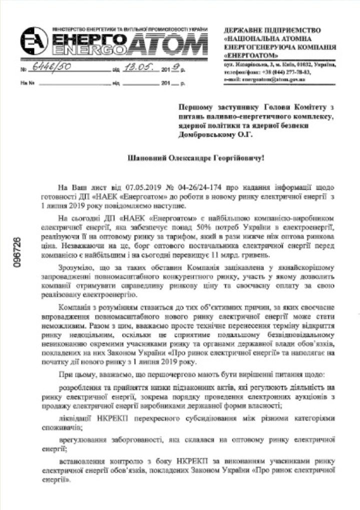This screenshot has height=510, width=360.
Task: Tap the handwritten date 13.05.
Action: click(x=137, y=69)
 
